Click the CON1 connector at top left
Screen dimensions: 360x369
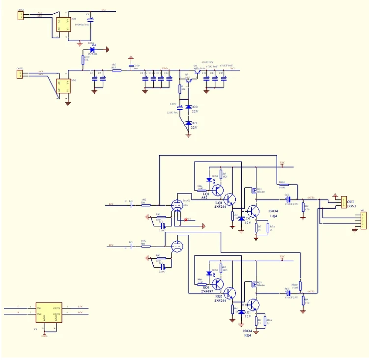coord(21,16)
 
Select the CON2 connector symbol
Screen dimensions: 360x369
coord(20,74)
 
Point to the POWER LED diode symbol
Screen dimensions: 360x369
coord(92,49)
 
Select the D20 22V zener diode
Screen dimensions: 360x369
coord(188,107)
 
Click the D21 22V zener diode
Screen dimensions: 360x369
coord(188,123)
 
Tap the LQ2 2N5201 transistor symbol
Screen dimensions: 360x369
coord(230,200)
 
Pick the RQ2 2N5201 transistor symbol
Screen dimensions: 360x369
coord(230,294)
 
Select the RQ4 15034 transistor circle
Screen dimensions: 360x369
coord(253,305)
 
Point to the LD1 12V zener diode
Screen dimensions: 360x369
coord(241,218)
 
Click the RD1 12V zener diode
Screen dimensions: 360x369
coord(241,312)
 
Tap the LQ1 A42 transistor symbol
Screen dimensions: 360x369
coord(216,189)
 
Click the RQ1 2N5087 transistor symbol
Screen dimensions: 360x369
coord(216,283)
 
